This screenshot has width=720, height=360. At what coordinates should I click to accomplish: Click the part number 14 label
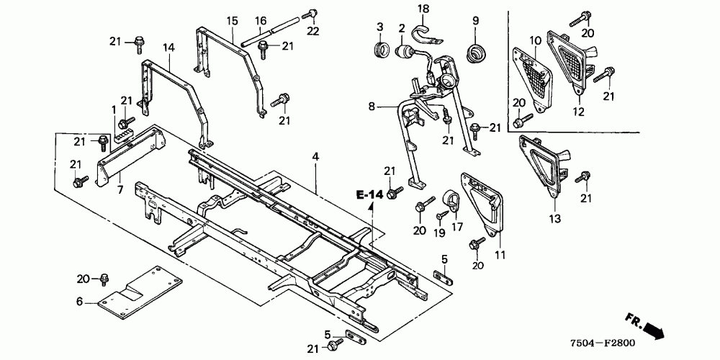pos(168,48)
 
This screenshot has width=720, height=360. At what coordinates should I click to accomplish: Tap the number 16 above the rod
pos(260,19)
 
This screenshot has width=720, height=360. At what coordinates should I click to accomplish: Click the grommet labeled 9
pos(475,52)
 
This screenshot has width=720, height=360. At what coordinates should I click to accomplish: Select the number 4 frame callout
pos(314,156)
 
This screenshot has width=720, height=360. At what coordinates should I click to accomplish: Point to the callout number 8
pos(371,107)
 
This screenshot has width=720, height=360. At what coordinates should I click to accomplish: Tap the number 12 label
pos(578,111)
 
